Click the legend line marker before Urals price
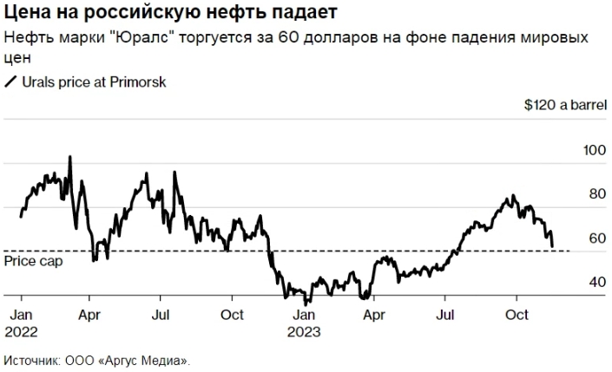coord(11,82)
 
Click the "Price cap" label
coord(27,260)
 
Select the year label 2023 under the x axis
coord(305,331)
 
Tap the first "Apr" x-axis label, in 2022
coord(89,315)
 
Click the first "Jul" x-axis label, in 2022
coord(160,315)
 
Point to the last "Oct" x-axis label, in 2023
coord(517,315)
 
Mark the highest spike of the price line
coord(70,158)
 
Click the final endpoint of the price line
coord(553,246)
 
